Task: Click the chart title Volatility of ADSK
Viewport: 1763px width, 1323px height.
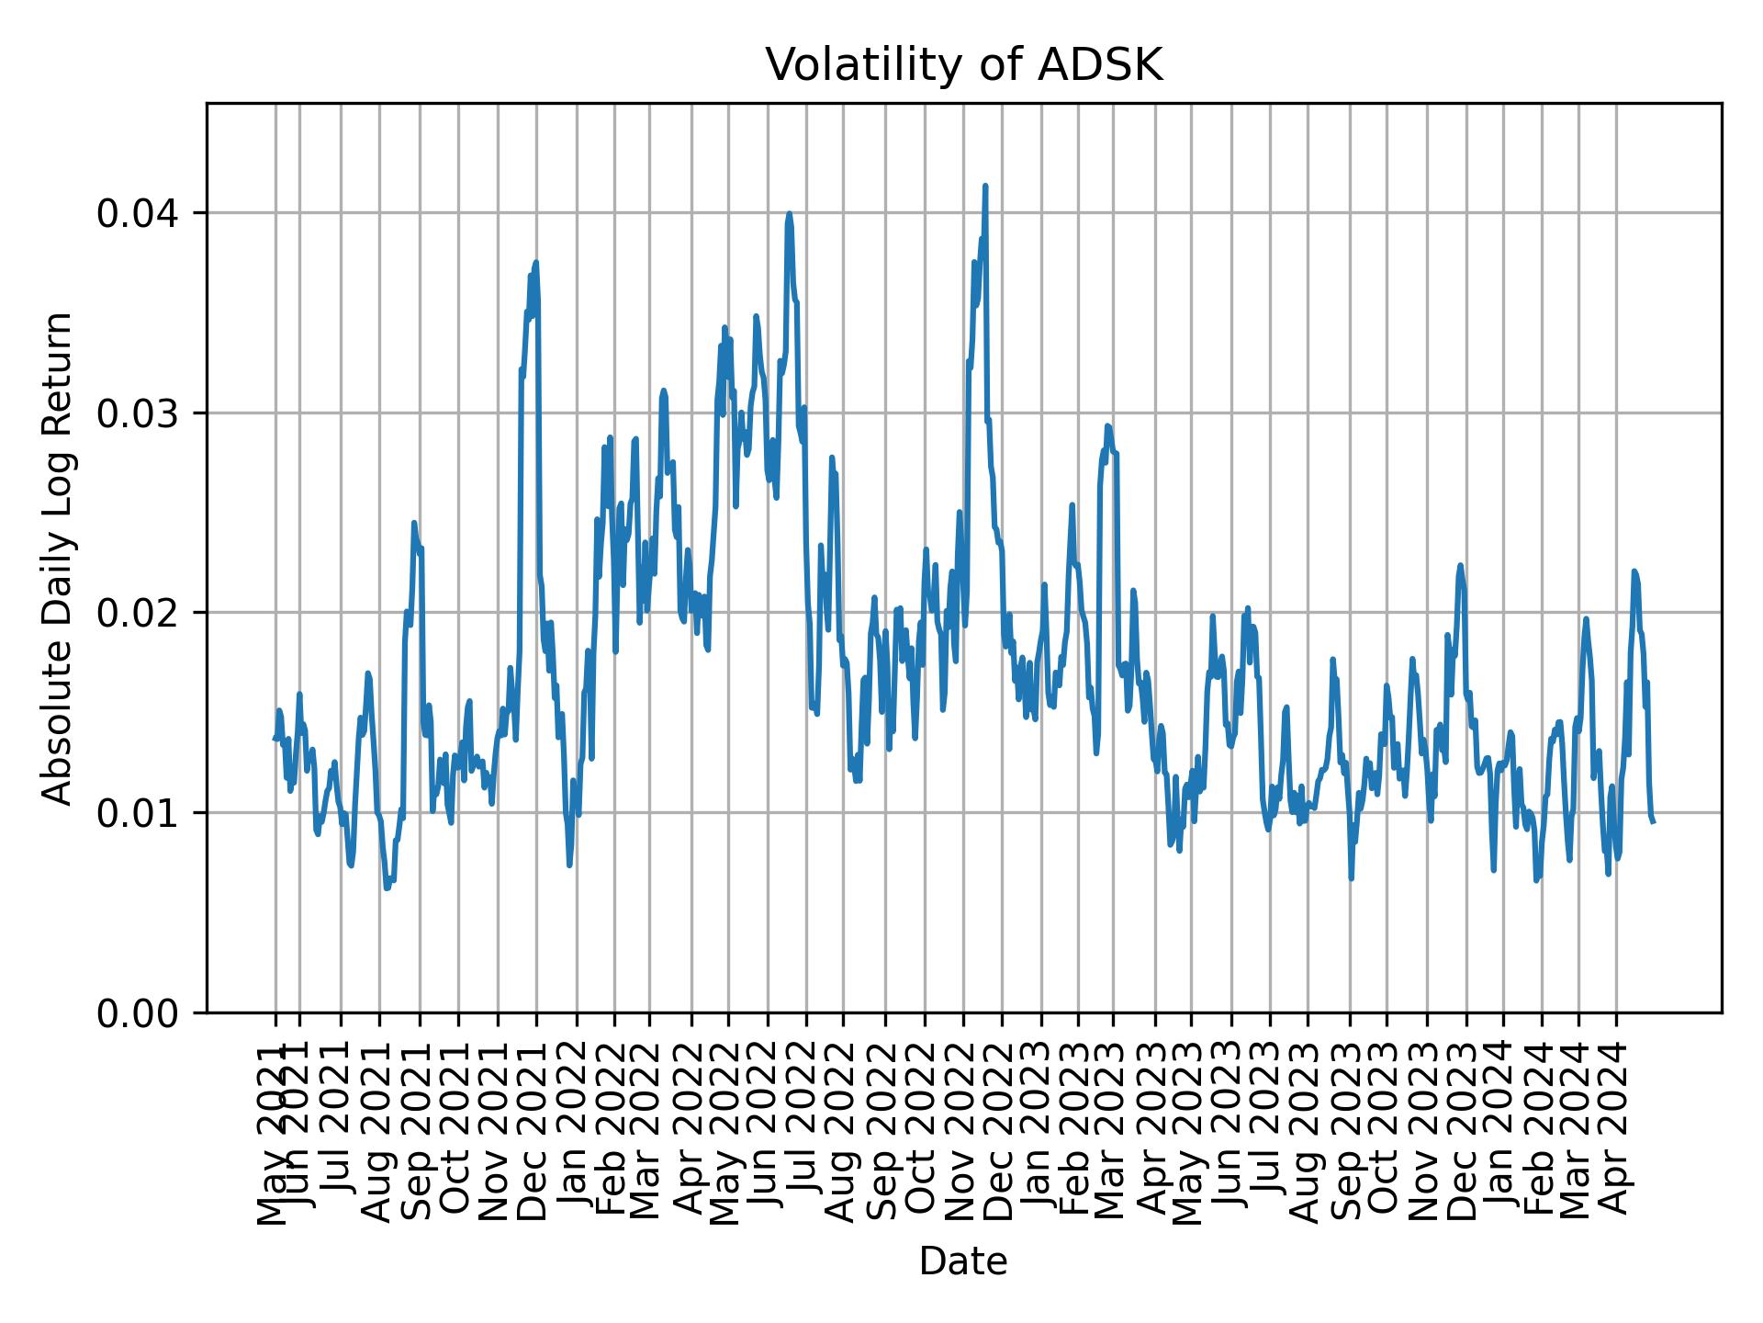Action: [x=963, y=65]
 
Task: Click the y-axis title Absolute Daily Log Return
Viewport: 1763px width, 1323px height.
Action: [x=59, y=558]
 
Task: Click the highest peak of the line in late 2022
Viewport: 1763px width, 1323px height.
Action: [x=985, y=186]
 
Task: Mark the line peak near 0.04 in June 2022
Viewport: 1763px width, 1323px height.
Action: [x=789, y=214]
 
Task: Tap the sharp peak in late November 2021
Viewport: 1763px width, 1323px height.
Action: [x=535, y=263]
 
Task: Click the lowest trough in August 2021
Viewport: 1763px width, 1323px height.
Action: [x=387, y=888]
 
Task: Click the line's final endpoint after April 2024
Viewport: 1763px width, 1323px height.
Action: [x=1654, y=821]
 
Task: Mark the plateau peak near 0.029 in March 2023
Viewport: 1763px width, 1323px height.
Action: [x=1108, y=426]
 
